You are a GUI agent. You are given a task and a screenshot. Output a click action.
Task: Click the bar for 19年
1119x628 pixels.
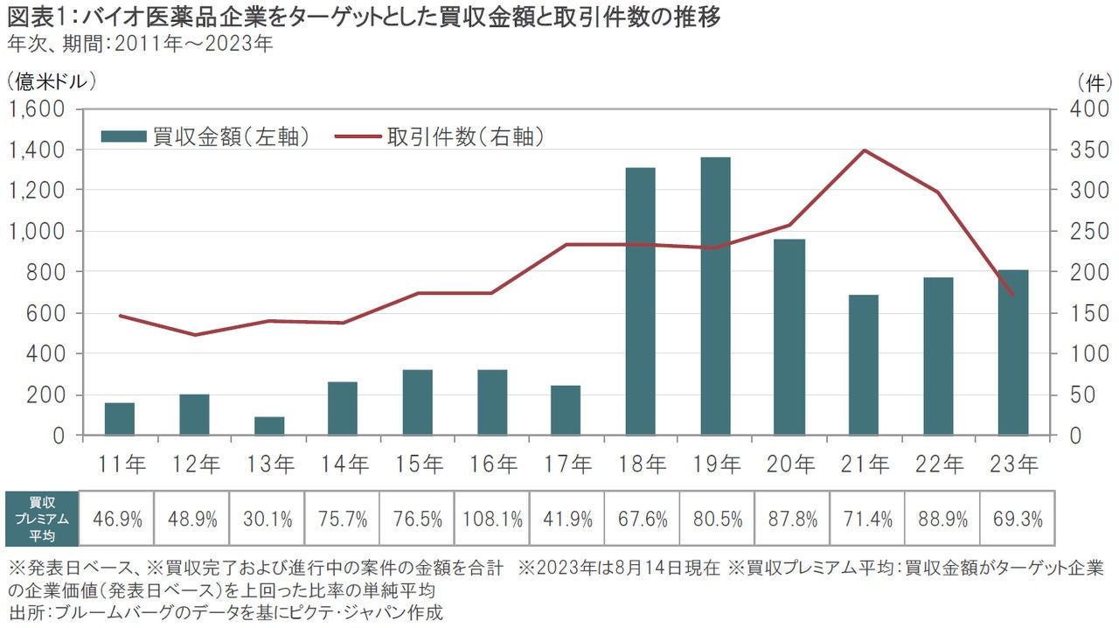(x=715, y=296)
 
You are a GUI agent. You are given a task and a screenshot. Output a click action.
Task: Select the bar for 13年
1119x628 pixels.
(x=269, y=426)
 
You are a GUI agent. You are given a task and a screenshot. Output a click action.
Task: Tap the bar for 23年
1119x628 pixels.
(x=1013, y=352)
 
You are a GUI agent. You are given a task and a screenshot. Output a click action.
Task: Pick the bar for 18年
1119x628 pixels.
(x=641, y=301)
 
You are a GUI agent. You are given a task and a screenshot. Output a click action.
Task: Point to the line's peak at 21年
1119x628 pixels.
(x=865, y=150)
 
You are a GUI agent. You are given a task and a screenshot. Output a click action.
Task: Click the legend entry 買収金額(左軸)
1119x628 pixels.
(x=206, y=136)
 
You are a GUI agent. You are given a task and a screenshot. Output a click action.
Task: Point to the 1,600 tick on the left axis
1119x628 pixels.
(x=36, y=109)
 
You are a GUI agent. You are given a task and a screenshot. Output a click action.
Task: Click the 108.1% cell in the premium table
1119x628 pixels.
(x=491, y=520)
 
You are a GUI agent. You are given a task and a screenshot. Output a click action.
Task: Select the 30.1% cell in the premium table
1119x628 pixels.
(x=268, y=520)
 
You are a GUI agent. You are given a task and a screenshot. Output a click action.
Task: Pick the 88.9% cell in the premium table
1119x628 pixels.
(x=942, y=520)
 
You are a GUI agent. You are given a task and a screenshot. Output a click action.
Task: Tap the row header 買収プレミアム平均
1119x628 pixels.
(x=41, y=520)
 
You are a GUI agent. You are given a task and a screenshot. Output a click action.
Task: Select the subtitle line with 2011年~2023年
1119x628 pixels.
(x=140, y=43)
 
